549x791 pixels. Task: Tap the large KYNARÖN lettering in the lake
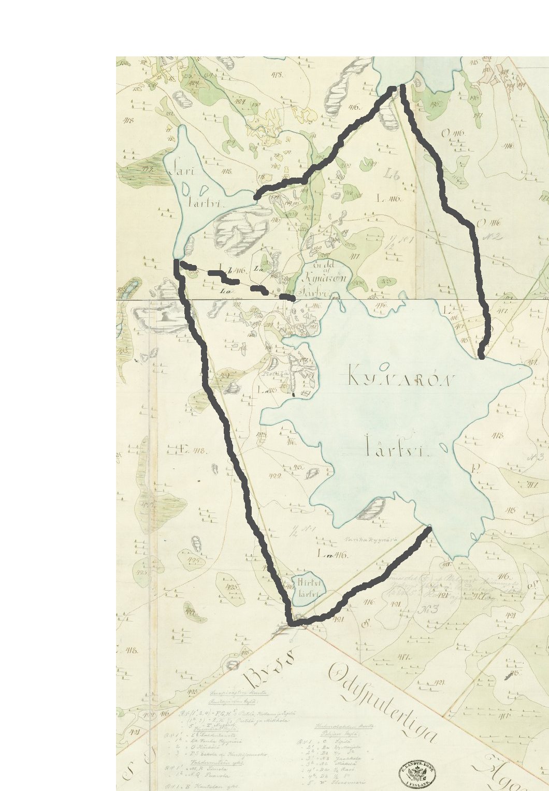click(x=399, y=376)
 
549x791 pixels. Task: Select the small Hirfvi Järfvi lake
click(x=309, y=589)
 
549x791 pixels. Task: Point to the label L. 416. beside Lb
click(x=389, y=198)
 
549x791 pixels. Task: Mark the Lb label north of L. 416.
click(x=392, y=174)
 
